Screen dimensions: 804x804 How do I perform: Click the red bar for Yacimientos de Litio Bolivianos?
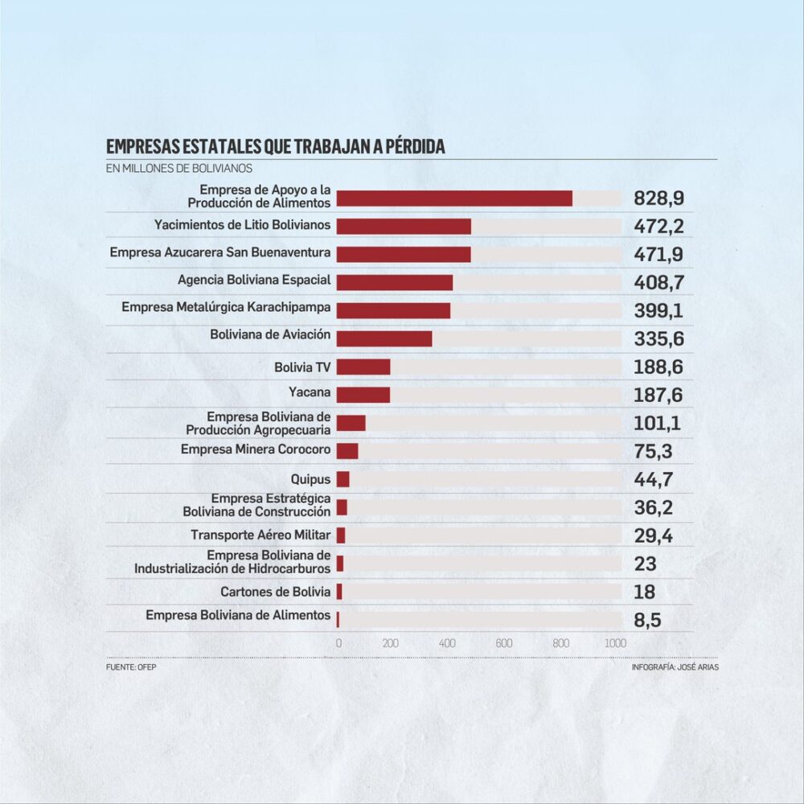404,226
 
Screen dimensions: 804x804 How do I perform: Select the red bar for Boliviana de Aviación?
384,338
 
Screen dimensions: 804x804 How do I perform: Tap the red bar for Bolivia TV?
363,367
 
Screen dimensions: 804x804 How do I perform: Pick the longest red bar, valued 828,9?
454,199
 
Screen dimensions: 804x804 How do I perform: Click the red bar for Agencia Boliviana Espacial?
395,282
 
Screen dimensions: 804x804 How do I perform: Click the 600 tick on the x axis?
504,643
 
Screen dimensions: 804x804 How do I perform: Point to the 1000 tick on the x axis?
615,643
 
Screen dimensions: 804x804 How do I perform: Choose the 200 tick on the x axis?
391,643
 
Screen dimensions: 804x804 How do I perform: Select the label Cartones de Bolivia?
276,592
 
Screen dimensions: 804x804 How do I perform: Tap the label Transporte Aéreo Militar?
260,535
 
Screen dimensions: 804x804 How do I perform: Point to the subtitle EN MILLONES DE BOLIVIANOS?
179,169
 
